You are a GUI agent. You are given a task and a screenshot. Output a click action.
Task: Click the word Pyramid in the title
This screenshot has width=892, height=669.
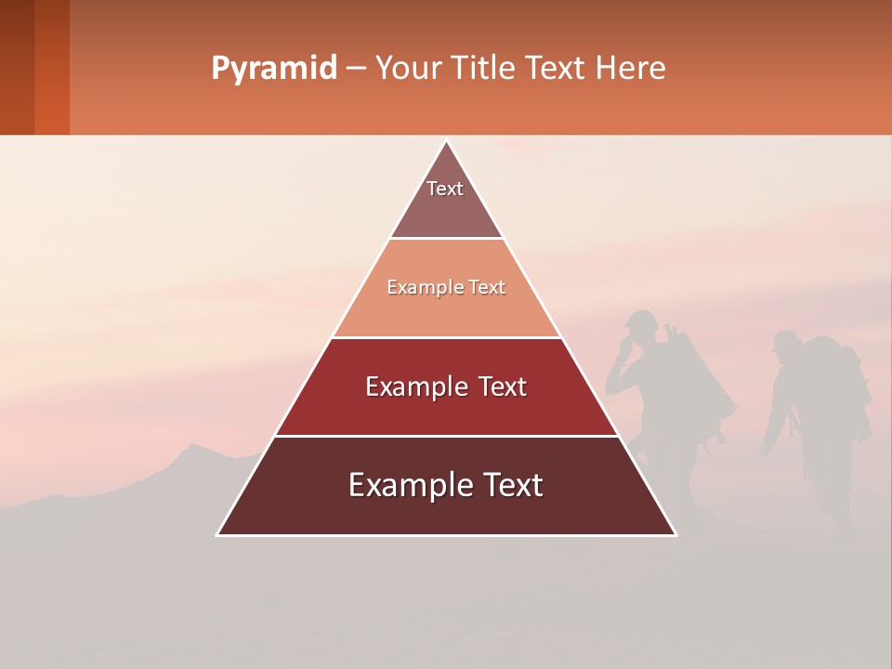(273, 69)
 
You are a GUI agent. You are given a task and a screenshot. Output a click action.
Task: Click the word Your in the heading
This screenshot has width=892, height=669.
(407, 68)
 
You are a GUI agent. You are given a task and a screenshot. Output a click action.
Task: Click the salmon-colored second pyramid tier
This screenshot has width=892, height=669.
(446, 288)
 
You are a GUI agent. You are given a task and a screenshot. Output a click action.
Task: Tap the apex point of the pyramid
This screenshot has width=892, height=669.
(446, 141)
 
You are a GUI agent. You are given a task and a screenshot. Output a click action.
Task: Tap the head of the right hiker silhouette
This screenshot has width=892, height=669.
(786, 345)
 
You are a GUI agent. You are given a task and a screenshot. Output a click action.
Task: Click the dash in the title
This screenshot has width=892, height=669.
(356, 69)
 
